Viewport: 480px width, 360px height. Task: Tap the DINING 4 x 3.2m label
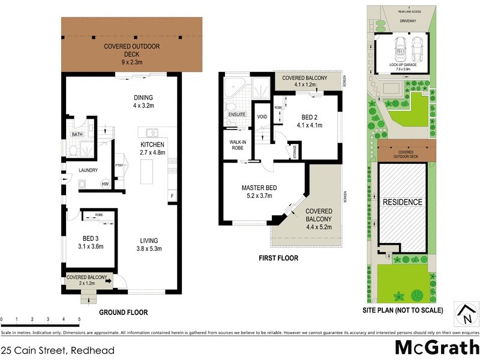click(x=143, y=103)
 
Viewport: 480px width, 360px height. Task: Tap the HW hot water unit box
click(x=105, y=184)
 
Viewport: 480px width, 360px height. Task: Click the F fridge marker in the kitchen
click(x=172, y=196)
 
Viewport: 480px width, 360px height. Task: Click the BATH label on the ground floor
click(x=77, y=134)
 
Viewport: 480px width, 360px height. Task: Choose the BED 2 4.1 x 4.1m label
click(x=310, y=121)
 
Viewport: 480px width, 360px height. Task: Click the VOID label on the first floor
click(x=262, y=116)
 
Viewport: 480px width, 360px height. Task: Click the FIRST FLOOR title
click(x=279, y=259)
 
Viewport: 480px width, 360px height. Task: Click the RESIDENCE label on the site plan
click(x=403, y=202)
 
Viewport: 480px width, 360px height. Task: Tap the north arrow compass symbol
click(x=464, y=314)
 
